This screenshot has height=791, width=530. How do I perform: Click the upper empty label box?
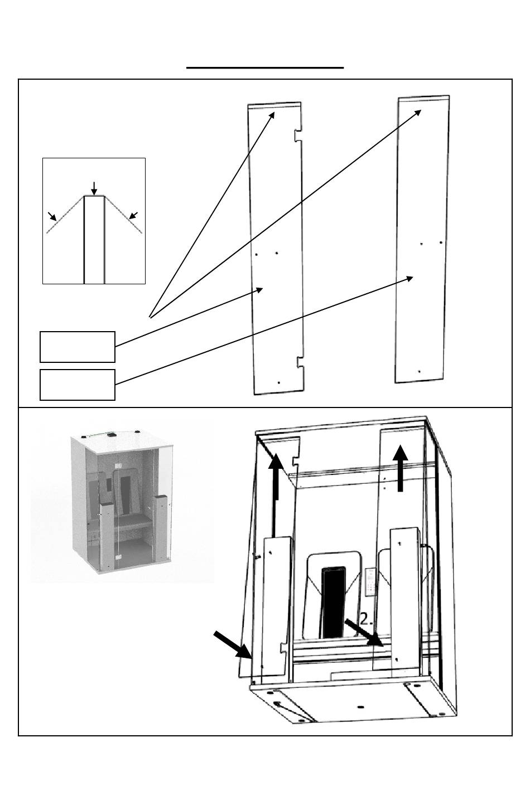pos(78,347)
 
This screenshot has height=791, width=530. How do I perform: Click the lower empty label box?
pos(78,385)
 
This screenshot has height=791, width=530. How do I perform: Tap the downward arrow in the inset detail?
pos(94,188)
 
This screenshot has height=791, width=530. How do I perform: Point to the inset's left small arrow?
pos(52,216)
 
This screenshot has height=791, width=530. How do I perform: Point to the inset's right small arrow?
pos(133,216)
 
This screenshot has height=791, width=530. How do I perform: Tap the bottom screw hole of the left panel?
pos(278,383)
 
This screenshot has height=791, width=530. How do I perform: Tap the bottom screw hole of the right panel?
pos(419,371)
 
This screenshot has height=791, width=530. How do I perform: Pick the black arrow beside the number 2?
pos(363,633)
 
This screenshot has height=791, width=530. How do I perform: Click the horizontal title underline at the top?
pos(264,67)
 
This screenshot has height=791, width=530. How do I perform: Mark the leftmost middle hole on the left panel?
pos(256,254)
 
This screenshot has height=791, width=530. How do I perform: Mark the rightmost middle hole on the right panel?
pos(441,242)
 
